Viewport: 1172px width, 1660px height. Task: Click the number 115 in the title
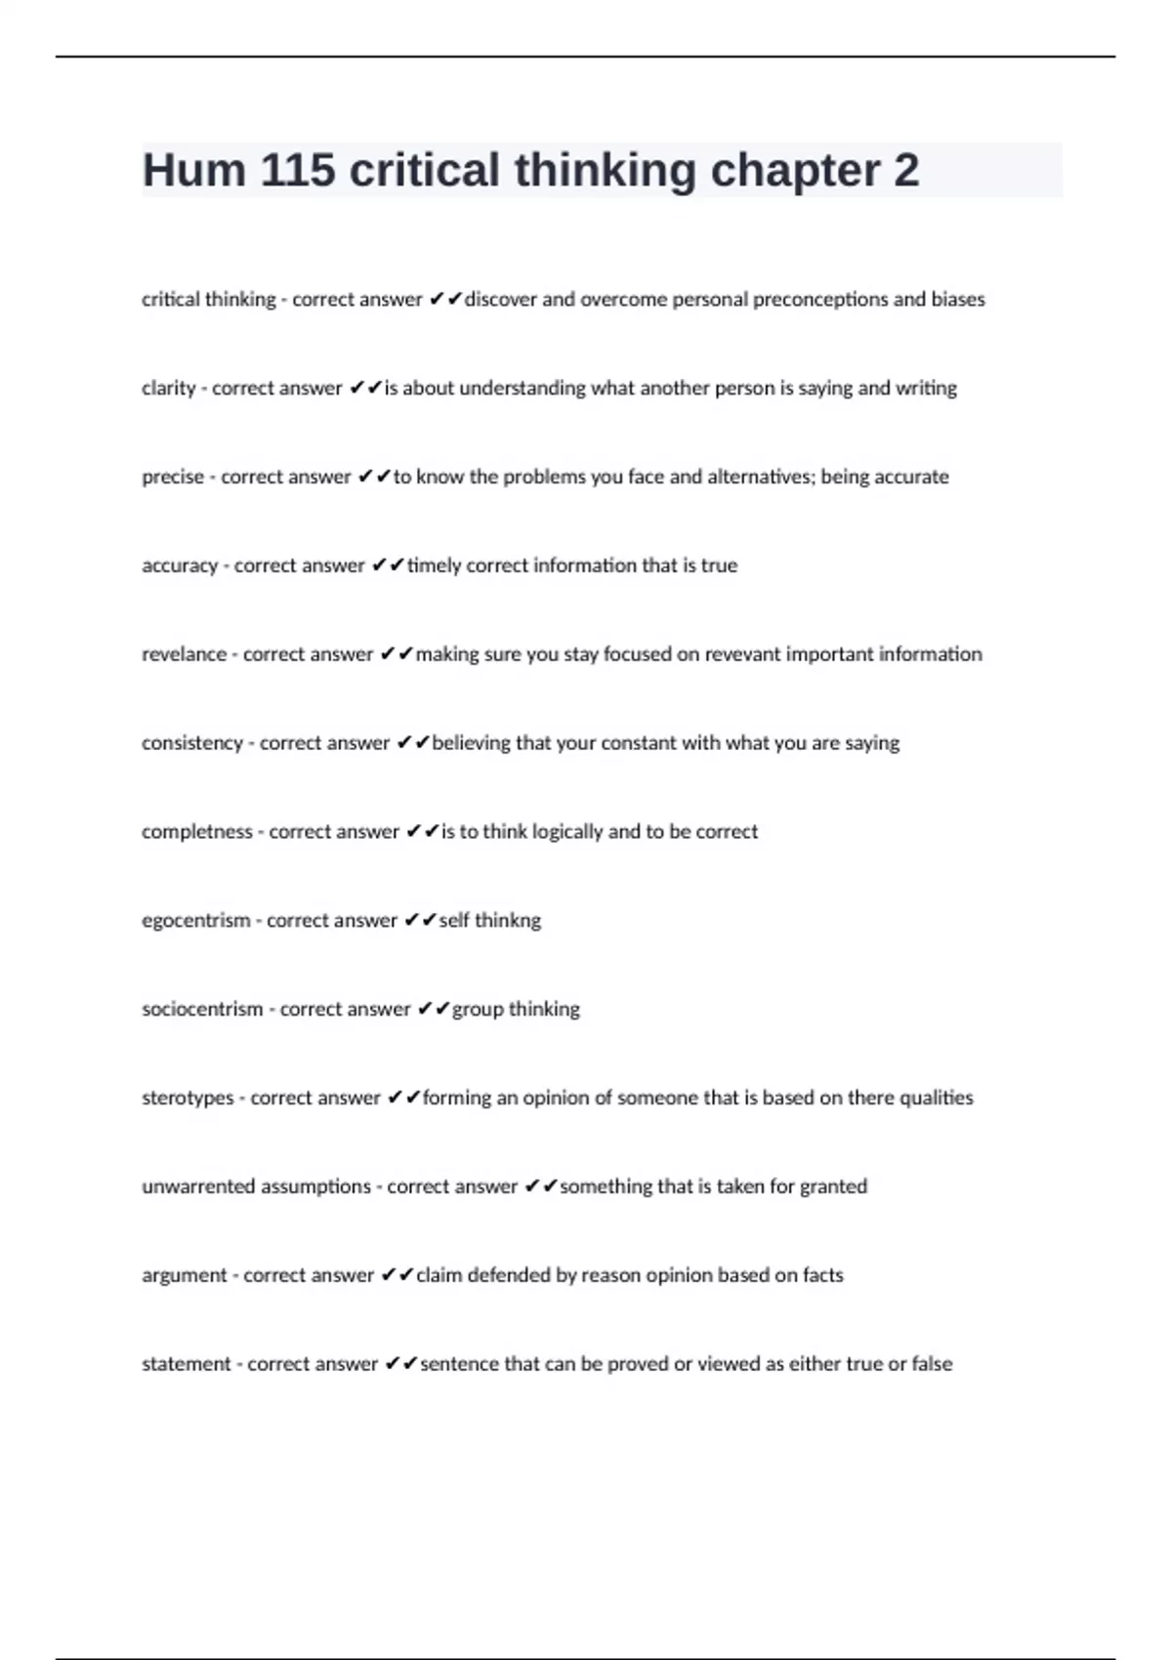point(297,170)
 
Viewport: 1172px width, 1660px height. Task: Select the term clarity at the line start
point(169,388)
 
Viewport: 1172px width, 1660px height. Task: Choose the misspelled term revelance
point(184,654)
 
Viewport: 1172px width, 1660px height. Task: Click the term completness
point(196,832)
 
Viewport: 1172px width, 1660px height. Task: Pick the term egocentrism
point(195,921)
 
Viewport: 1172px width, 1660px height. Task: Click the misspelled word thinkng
point(507,921)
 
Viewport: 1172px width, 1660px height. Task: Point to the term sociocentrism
point(202,1010)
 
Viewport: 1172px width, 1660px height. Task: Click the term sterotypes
point(188,1099)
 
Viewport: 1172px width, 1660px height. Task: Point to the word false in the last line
point(932,1364)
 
